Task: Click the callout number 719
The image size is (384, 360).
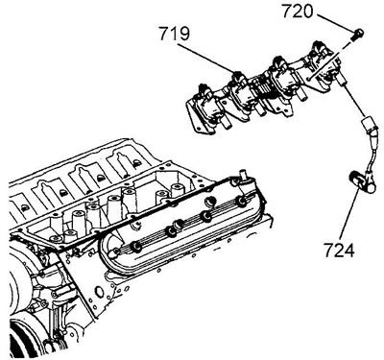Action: (175, 34)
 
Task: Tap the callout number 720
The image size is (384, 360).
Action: (297, 12)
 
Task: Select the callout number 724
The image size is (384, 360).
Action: (339, 250)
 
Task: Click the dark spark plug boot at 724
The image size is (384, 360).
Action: (361, 182)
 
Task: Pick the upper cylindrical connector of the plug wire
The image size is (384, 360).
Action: (369, 128)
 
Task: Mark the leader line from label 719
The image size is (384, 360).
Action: (205, 57)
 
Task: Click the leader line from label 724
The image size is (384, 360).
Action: (349, 214)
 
